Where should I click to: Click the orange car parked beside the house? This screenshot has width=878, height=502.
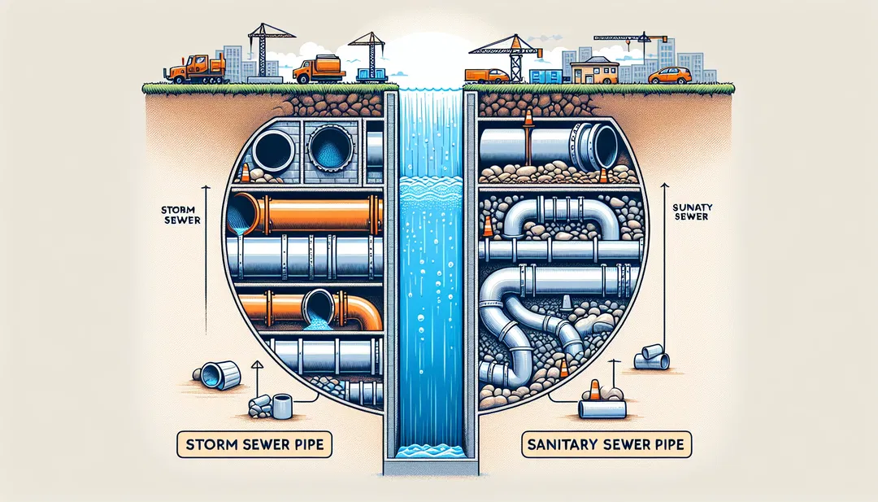point(670,76)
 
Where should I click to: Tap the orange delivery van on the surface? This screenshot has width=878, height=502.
point(487,76)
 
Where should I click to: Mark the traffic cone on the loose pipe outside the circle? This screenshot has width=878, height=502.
point(594,391)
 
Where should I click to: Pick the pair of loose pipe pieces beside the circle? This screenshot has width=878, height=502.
point(653,356)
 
